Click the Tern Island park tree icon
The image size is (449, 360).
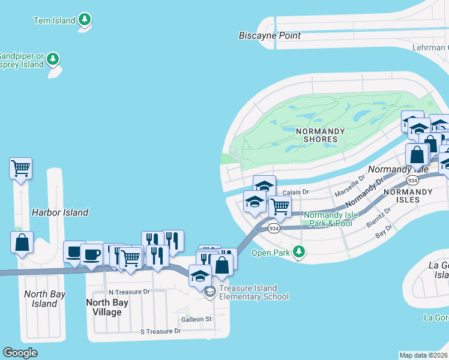point(85,20)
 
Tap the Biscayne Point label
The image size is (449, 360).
point(270,35)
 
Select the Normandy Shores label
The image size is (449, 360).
point(321,135)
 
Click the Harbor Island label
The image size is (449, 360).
point(60,212)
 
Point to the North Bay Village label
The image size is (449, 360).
point(104,307)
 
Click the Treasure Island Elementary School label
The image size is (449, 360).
point(254,292)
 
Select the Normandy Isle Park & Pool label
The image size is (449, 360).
point(328,219)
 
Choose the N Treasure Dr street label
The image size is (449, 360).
point(124,292)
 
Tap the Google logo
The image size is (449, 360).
point(20,352)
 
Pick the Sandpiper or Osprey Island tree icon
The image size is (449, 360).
point(54,59)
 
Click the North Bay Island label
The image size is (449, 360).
point(44,299)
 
